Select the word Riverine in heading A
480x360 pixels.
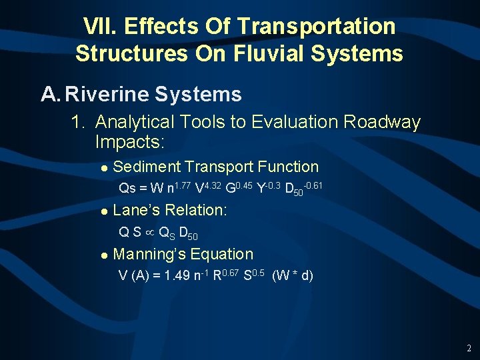(107, 95)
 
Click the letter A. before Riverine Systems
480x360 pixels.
(51, 95)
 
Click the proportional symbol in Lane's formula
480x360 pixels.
(150, 233)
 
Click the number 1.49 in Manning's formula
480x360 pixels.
(179, 275)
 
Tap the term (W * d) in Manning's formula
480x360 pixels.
(293, 275)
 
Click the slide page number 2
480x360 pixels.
(469, 348)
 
